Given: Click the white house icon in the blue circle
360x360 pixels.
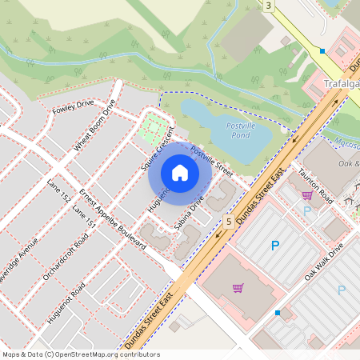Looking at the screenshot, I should click(x=180, y=173).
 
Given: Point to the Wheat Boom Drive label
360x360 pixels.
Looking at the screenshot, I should click(x=95, y=124).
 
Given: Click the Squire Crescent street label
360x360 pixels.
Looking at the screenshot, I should click(x=158, y=147).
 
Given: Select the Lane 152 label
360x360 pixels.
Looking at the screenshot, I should click(x=59, y=191).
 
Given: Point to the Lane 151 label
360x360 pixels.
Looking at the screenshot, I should click(x=84, y=215).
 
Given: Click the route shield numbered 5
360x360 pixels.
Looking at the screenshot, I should click(x=229, y=221).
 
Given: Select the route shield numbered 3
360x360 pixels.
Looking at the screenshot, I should click(x=269, y=6).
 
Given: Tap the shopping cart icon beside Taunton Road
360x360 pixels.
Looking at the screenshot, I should click(x=307, y=194).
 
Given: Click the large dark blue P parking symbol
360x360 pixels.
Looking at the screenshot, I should click(x=275, y=246).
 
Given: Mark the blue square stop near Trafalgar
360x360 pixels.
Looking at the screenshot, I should click(x=322, y=50).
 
